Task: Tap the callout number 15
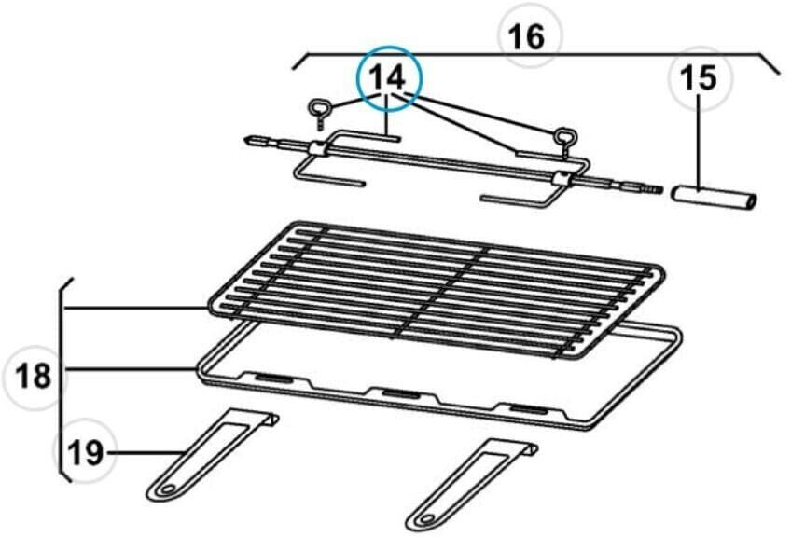tap(700, 78)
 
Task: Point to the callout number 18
tap(35, 377)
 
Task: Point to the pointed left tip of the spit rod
tap(249, 141)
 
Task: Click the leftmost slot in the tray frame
tap(272, 379)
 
